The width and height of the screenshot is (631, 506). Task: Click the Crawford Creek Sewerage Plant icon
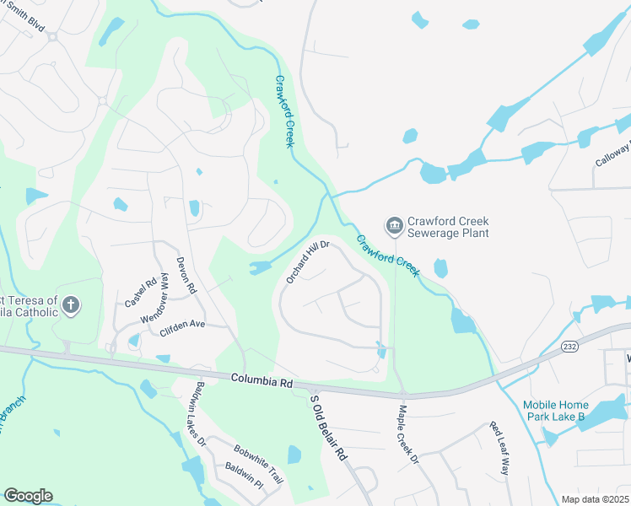pyautogui.click(x=394, y=226)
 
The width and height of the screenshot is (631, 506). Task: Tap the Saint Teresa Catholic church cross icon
pyautogui.click(x=72, y=305)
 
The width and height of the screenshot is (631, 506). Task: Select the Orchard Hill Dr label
pyautogui.click(x=306, y=262)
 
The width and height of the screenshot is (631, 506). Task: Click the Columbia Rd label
pyautogui.click(x=262, y=382)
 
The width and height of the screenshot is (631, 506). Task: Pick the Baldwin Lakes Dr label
pyautogui.click(x=196, y=413)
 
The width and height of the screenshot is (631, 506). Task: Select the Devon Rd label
pyautogui.click(x=186, y=275)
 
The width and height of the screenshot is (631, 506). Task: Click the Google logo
pyautogui.click(x=28, y=496)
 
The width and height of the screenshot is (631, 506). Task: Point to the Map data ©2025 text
pyautogui.click(x=595, y=499)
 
